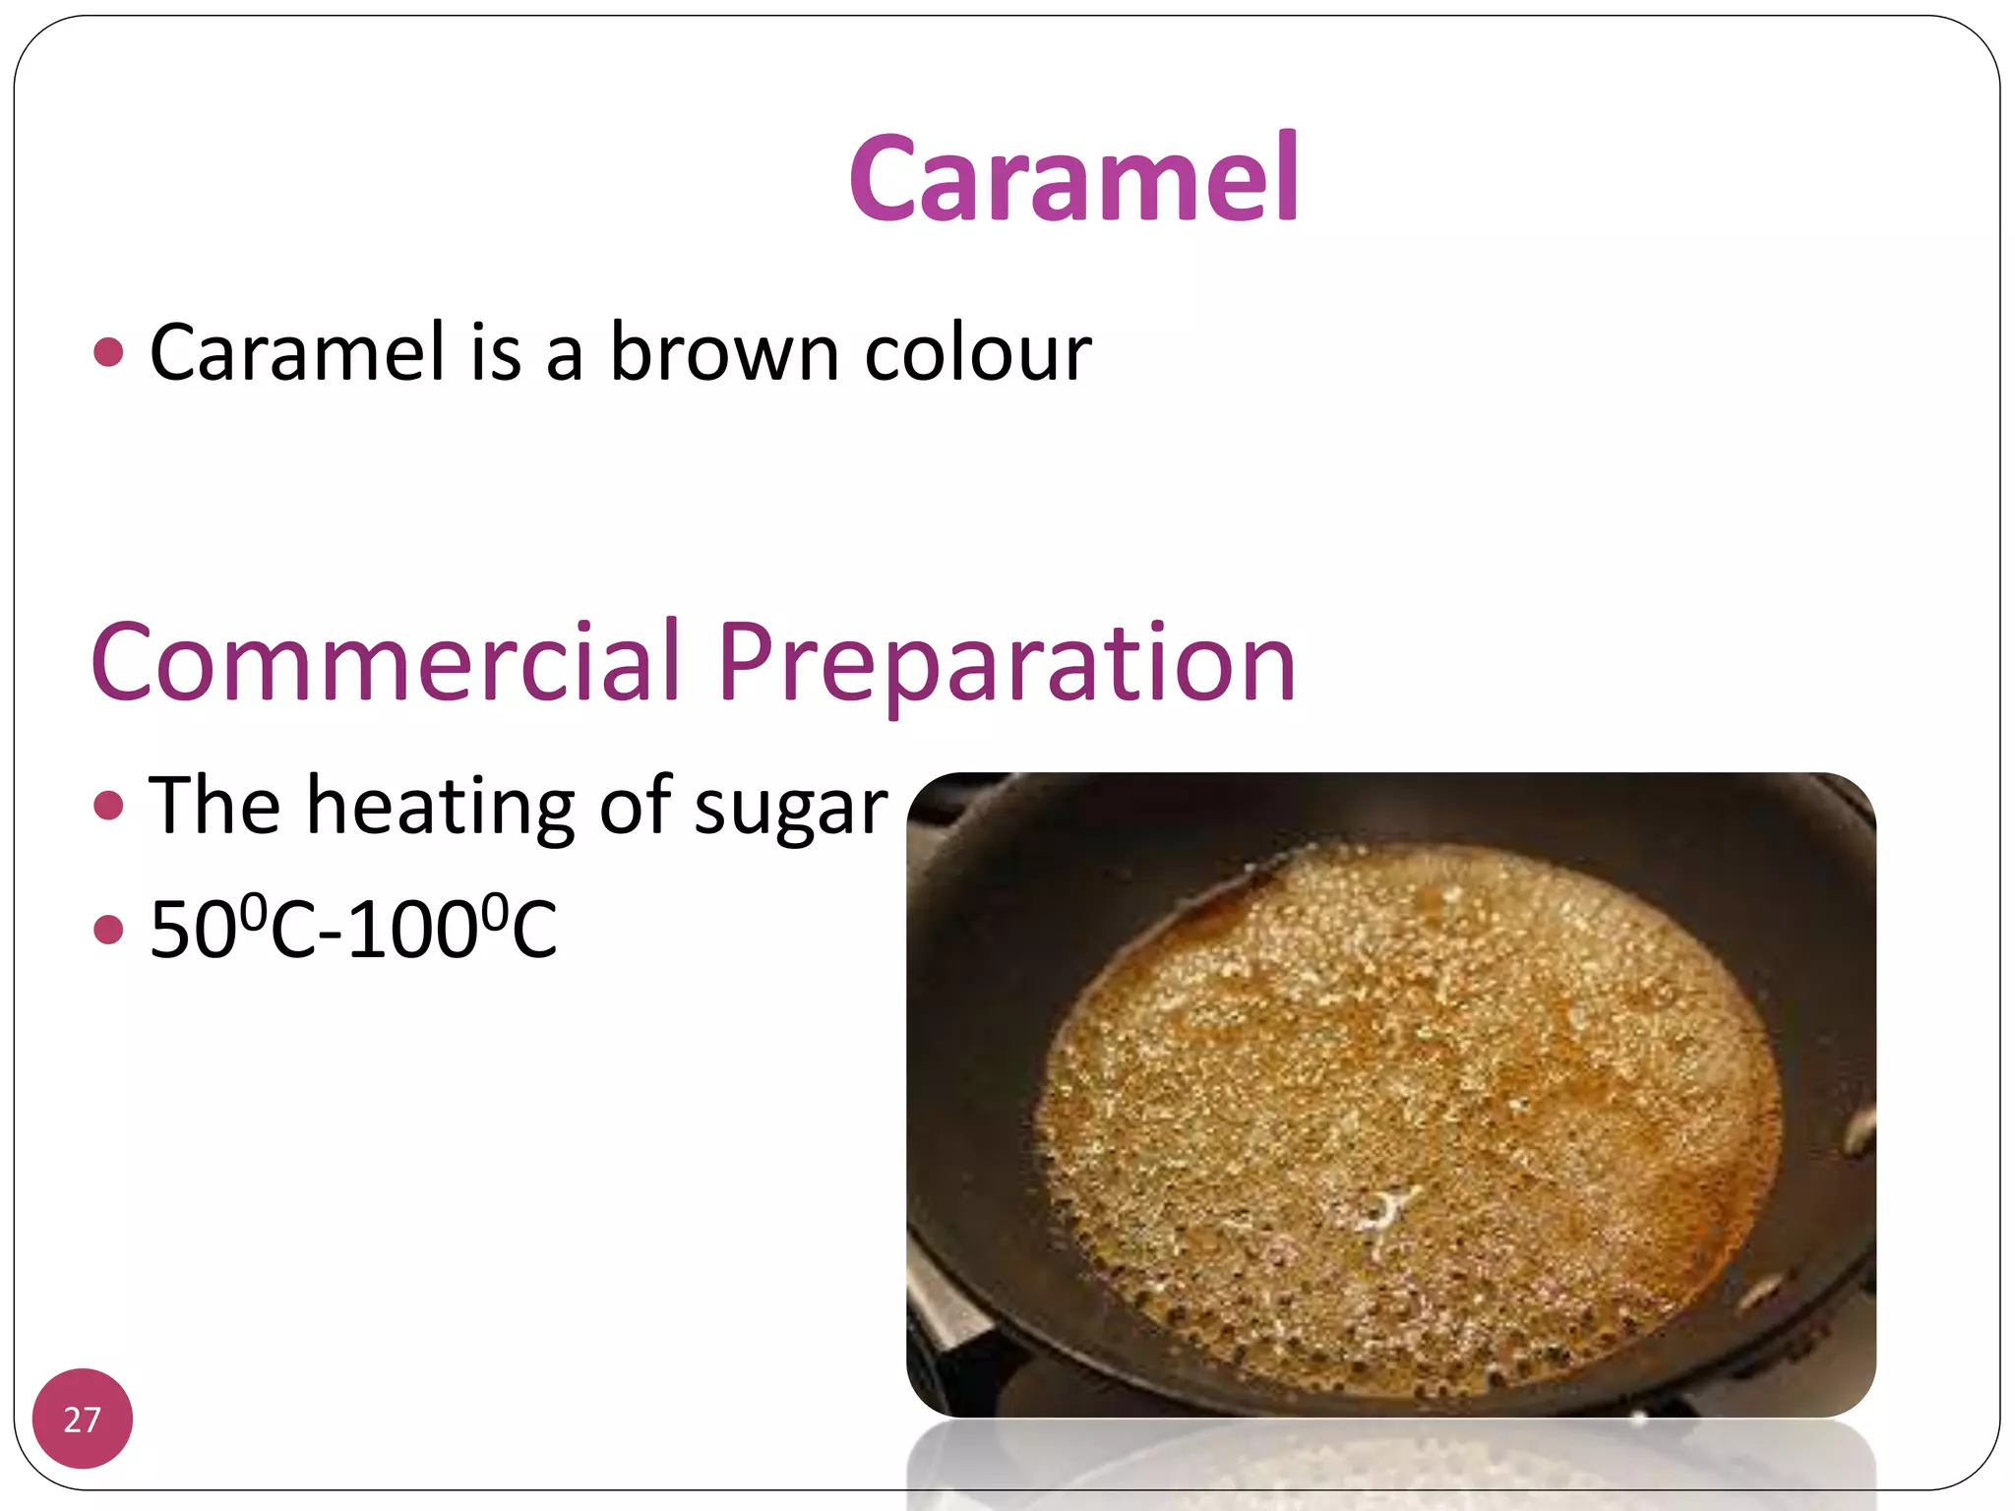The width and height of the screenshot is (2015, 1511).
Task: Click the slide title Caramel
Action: [x=1073, y=178]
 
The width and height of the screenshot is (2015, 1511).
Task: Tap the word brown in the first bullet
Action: [x=724, y=352]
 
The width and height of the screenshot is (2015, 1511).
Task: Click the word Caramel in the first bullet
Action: [x=297, y=352]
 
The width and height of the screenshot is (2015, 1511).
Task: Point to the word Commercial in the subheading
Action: [x=386, y=662]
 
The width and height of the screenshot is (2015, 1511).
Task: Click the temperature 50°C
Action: [x=232, y=929]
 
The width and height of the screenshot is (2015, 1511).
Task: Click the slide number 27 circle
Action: [x=83, y=1419]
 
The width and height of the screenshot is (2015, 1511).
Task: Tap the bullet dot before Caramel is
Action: [x=108, y=352]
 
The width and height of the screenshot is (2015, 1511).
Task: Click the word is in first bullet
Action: [x=495, y=352]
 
